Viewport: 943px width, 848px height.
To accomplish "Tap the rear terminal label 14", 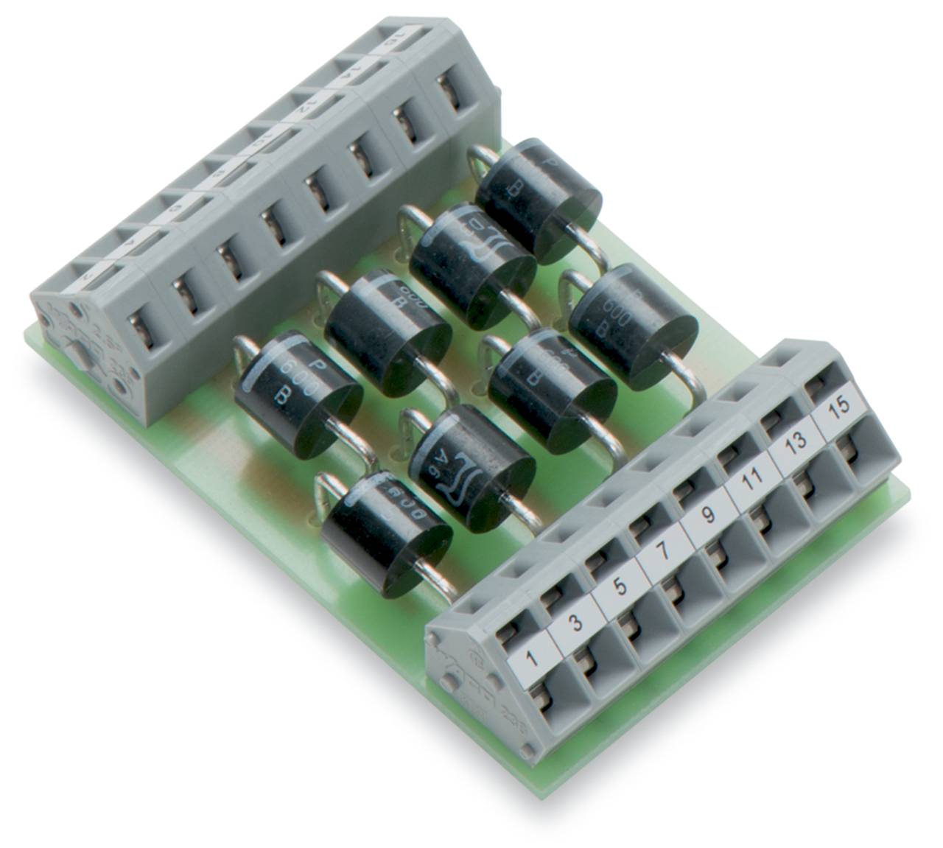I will [x=346, y=76].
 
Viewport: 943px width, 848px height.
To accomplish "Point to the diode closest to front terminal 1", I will [x=385, y=522].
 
